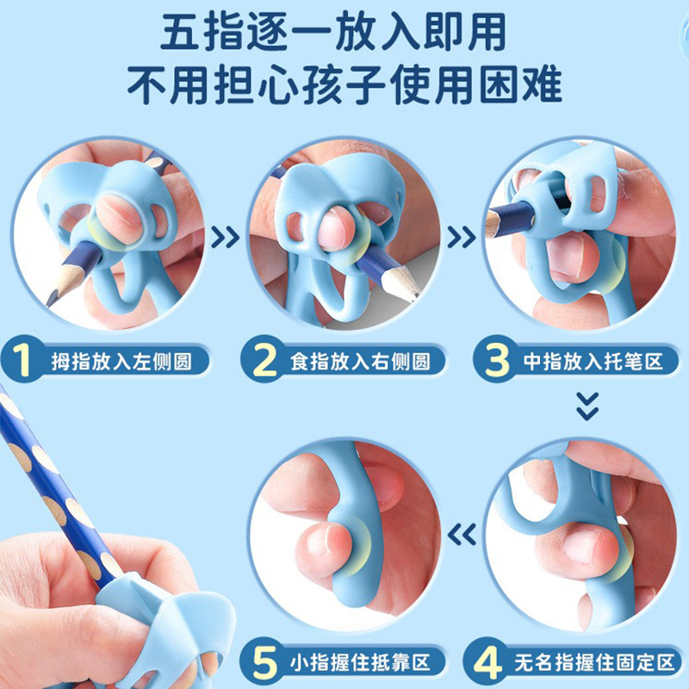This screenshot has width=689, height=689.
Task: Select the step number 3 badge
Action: (x=497, y=360)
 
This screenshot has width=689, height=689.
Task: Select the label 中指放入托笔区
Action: (x=594, y=360)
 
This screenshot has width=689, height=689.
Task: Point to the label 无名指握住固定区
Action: (x=589, y=664)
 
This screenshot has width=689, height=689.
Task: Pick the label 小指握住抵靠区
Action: (x=362, y=664)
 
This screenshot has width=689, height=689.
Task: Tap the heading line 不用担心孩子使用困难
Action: (x=344, y=86)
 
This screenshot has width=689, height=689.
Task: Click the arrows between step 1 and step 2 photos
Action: (x=226, y=235)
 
